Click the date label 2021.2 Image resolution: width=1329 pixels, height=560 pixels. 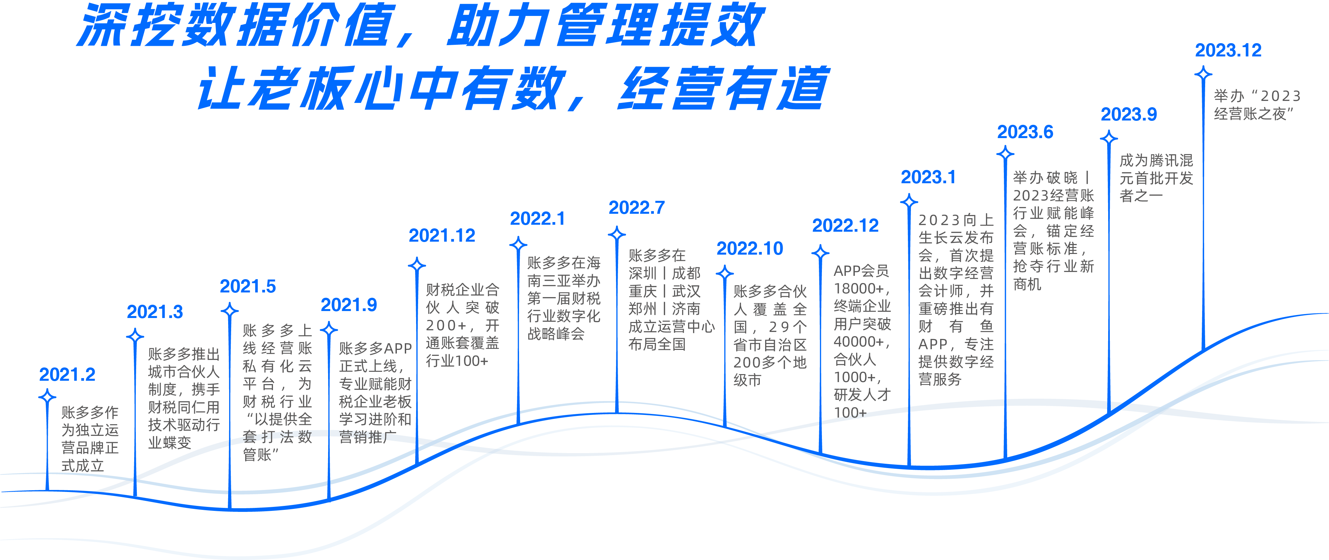(x=67, y=375)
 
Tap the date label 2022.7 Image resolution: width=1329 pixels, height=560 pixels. (x=637, y=208)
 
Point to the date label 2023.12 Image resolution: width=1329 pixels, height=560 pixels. (x=1228, y=50)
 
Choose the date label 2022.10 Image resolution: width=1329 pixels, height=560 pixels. (x=750, y=249)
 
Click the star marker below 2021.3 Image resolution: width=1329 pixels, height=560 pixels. (x=135, y=337)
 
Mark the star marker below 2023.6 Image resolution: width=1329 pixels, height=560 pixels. (x=1005, y=154)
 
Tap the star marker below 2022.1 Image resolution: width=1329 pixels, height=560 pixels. (x=518, y=244)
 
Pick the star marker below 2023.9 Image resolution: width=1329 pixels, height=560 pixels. (x=1109, y=138)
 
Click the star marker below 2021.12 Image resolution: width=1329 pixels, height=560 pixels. (x=417, y=266)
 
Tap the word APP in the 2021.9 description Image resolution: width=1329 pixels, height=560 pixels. (x=398, y=349)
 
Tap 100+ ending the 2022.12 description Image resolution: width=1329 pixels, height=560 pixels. (x=850, y=413)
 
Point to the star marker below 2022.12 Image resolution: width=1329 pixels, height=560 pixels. (x=820, y=253)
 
